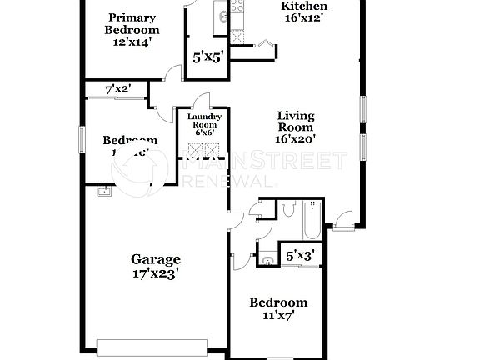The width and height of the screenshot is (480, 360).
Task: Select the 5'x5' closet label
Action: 206,58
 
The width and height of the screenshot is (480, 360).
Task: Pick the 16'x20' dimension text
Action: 295,141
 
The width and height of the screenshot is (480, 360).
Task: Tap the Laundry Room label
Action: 204,122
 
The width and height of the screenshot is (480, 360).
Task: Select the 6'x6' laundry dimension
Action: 204,132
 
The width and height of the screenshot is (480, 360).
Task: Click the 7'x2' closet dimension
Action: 117,89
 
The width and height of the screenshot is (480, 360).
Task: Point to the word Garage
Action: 156,259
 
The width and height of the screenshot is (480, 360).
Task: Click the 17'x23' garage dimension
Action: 156,273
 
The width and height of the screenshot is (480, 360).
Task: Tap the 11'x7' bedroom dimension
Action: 278,316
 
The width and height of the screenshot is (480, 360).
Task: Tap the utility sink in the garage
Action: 103,192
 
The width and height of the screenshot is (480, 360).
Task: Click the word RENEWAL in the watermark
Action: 228,180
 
